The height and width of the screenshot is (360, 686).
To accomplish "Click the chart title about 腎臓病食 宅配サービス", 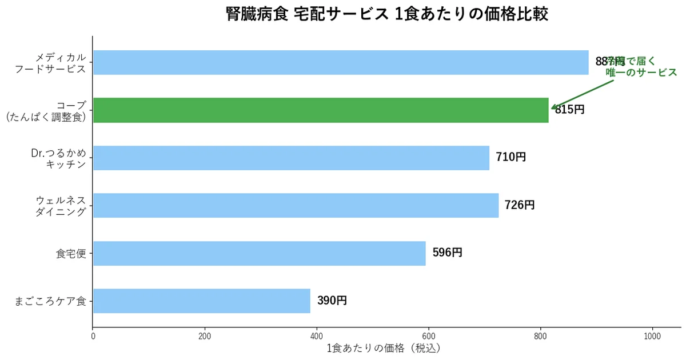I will pos(387,14).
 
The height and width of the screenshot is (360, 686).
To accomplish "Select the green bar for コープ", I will pos(320,110).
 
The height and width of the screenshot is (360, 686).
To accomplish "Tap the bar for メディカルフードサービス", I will pos(340,62).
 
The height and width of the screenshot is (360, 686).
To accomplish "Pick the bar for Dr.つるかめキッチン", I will pos(291,158).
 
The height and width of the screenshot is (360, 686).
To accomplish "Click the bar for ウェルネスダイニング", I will pos(296,205).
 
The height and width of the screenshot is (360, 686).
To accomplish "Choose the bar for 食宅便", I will pos(259,253).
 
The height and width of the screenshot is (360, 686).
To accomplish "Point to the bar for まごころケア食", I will pos(201,301).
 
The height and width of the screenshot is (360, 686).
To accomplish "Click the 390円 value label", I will pos(332,301).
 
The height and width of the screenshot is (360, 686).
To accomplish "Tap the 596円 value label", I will pos(447,253).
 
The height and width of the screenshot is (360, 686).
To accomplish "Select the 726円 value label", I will pos(520,205).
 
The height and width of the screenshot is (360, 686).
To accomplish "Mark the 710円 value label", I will pos(510,157).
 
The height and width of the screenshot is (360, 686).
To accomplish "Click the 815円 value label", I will pos(571,110).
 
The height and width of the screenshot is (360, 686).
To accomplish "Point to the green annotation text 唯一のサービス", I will pos(641,73).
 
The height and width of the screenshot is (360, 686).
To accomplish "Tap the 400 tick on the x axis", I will pos(317,336).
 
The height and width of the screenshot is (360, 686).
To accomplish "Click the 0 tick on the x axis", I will pos(93,336).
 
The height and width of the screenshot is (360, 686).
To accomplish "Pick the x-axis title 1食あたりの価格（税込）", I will pos(384,348).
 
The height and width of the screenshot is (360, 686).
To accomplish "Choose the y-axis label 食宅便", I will pos(71,254).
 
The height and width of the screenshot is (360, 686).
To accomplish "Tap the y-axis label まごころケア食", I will pos(50,301).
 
